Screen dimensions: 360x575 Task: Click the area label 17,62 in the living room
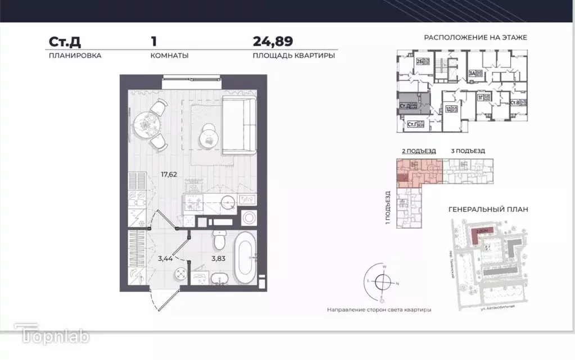pos(169,175)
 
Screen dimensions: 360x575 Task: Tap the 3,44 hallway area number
pos(165,258)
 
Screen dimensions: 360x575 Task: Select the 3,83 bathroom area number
pos(218,258)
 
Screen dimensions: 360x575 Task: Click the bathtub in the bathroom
pos(244,260)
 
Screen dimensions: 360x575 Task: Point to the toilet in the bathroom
pos(220,241)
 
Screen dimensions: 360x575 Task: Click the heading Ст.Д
pos(62,42)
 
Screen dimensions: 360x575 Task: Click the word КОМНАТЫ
pos(169,56)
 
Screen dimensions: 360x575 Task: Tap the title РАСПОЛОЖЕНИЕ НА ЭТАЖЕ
pos(475,39)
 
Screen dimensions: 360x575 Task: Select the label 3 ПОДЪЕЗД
pos(467,151)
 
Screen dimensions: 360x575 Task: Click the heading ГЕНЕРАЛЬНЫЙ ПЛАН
pos(488,209)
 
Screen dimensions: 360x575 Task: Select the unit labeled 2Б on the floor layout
pos(419,63)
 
